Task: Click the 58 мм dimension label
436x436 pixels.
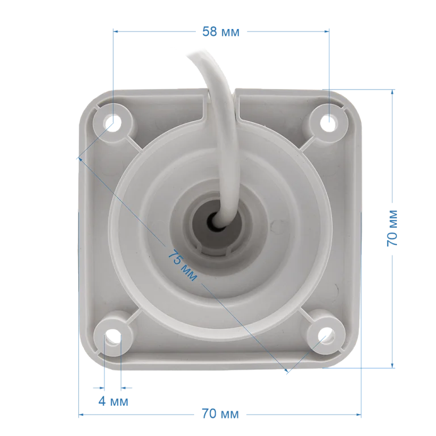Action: click(220, 32)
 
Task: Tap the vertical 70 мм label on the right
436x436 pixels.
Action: click(392, 229)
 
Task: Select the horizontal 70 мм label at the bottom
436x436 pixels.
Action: click(220, 414)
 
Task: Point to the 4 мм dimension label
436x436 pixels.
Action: click(113, 401)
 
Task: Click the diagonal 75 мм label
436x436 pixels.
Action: click(182, 266)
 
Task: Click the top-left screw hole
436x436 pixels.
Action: click(113, 123)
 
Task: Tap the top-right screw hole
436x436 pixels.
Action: click(328, 123)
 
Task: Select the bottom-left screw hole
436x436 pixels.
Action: click(112, 335)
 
